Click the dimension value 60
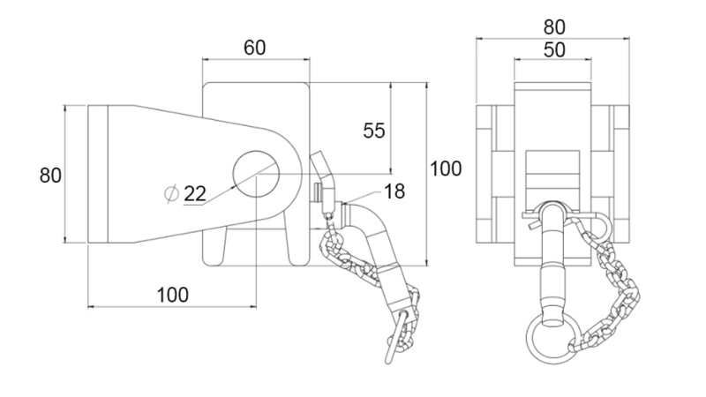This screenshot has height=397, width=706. [x=255, y=48]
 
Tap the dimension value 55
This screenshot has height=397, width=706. [x=375, y=131]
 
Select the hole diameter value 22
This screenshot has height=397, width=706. [x=194, y=194]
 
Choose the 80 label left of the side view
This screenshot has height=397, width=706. [x=50, y=175]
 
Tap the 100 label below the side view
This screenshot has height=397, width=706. [x=172, y=295]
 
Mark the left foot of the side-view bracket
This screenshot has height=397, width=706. [x=215, y=248]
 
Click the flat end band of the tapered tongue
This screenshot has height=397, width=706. [x=97, y=174]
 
